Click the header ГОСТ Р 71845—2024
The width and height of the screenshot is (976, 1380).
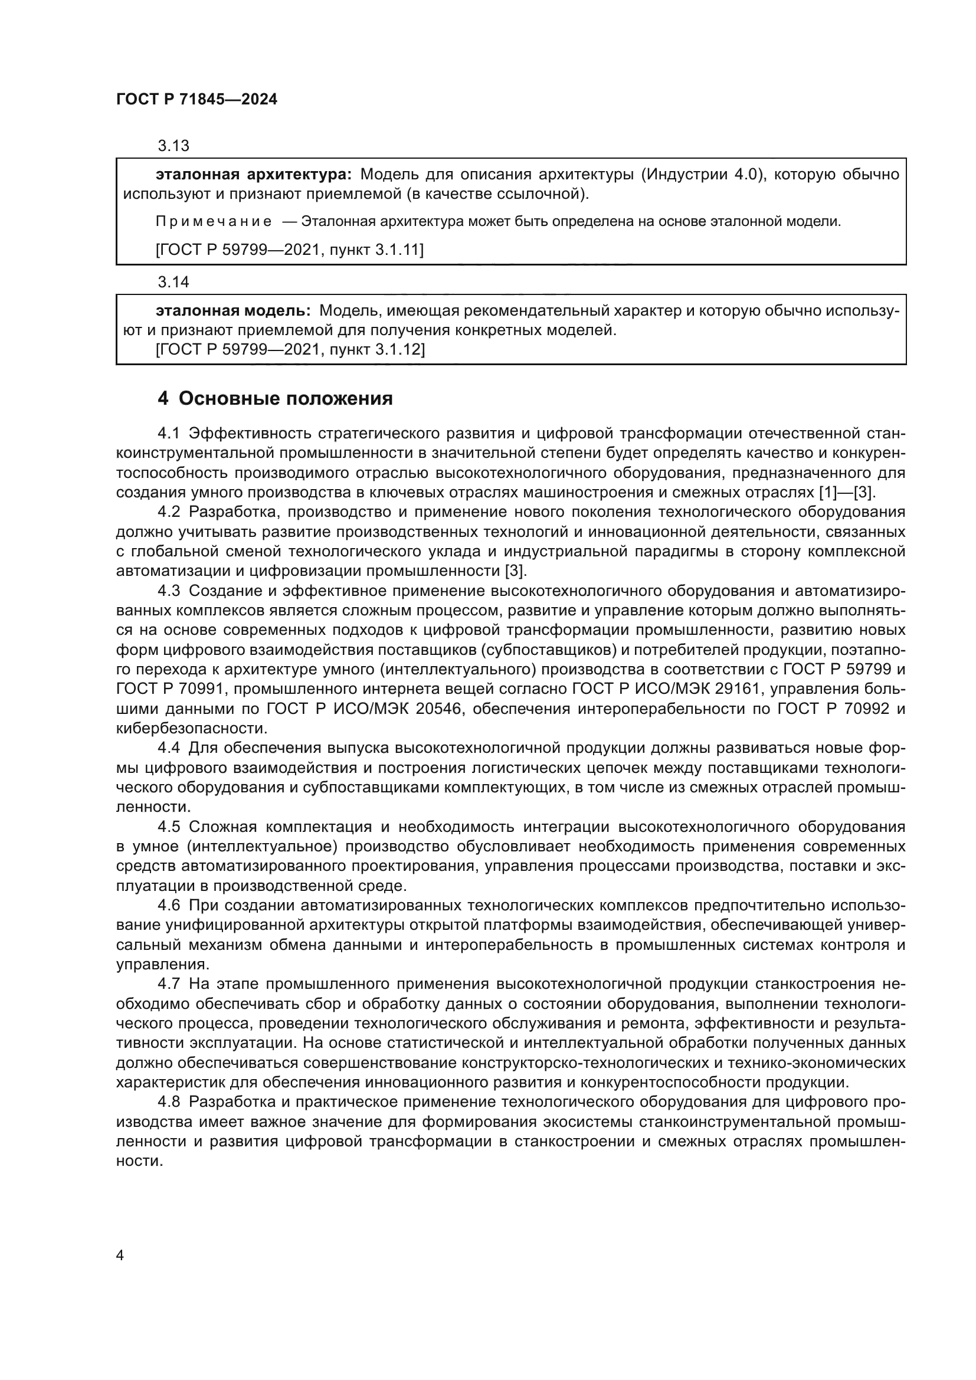196,100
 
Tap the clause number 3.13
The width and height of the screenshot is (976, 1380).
173,146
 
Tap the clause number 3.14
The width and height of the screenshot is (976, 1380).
173,281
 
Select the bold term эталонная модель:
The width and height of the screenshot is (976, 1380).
233,311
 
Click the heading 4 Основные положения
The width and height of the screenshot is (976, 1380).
274,398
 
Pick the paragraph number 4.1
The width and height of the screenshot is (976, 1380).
169,434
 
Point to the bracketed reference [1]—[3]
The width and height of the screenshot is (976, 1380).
847,492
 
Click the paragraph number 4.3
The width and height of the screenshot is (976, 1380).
169,591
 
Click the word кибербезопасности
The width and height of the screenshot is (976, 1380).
192,729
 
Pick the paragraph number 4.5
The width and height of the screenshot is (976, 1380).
169,827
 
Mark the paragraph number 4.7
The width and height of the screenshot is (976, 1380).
169,984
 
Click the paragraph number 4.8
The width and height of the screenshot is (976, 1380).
169,1102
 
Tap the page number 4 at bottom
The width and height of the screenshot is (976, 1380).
120,1256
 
